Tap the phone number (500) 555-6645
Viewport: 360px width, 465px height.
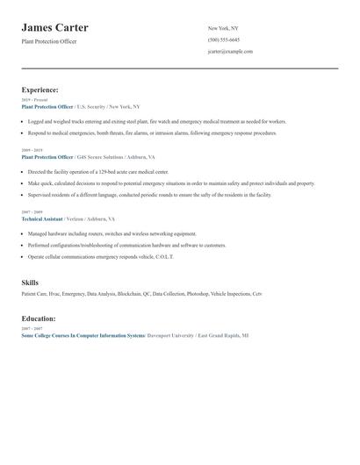pos(223,40)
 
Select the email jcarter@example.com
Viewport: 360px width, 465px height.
pos(230,52)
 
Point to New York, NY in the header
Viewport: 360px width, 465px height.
pos(223,29)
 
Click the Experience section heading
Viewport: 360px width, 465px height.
pos(40,89)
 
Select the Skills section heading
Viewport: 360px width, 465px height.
pos(30,283)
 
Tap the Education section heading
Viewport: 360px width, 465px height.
pos(39,318)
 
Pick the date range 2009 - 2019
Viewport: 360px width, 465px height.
pos(31,150)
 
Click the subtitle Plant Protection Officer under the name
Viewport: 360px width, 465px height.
pos(49,41)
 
